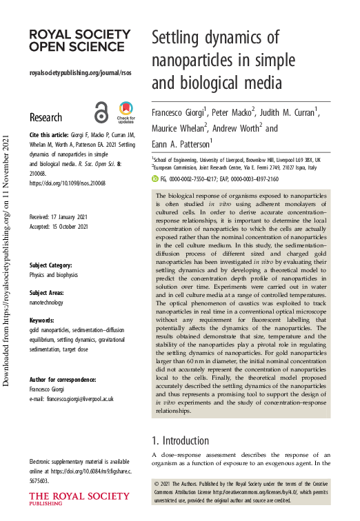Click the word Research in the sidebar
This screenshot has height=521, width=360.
[50, 117]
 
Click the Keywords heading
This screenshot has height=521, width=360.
[44, 321]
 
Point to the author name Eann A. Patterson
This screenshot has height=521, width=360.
[181, 144]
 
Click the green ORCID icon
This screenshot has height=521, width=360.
[154, 178]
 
